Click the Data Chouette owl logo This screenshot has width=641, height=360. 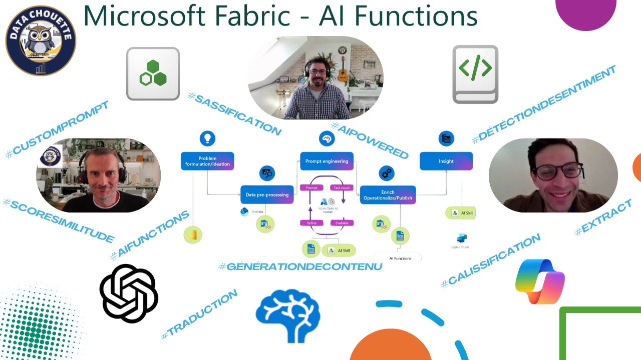[x=41, y=40]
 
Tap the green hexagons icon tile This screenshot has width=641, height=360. [x=153, y=73]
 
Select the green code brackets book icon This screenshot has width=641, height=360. [x=475, y=74]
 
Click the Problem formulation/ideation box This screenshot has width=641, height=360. [x=207, y=161]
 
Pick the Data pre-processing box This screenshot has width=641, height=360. [x=267, y=194]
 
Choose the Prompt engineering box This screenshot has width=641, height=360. [x=327, y=161]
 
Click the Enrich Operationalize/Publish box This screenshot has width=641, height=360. [x=388, y=194]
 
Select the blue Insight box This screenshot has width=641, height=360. [x=446, y=161]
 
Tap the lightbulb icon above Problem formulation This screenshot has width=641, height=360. [x=207, y=138]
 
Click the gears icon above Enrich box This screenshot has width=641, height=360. [x=386, y=173]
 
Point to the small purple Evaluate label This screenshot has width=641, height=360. [x=342, y=223]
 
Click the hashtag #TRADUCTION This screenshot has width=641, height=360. [x=199, y=315]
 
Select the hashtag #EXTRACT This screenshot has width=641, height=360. [x=603, y=217]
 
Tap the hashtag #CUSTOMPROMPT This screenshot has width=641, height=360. [x=57, y=129]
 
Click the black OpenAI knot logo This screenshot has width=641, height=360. [x=129, y=293]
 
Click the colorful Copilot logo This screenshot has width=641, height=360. [x=540, y=281]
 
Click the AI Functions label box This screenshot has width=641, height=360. [x=400, y=258]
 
